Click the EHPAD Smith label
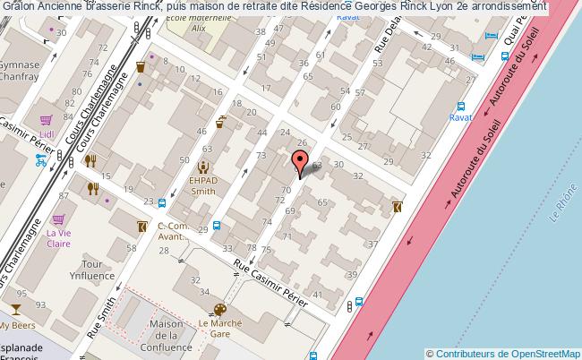point(202,185)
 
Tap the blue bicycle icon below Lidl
point(40,161)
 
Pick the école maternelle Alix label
point(210,22)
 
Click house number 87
point(64,196)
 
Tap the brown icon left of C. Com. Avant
point(141,227)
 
